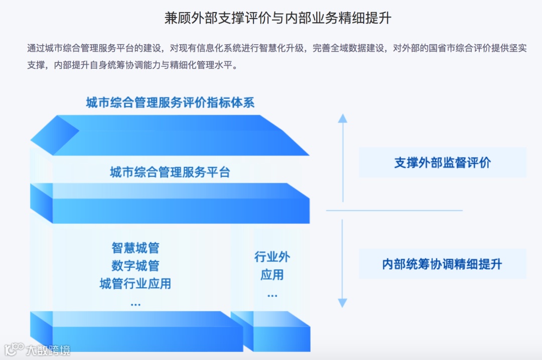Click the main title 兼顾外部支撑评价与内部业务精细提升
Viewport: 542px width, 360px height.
[x=278, y=18]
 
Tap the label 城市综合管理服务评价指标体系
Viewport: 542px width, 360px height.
[x=170, y=103]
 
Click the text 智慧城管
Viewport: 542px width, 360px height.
[x=135, y=248]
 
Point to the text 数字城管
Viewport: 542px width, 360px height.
[x=135, y=266]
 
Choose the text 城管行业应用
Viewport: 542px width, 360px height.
[x=135, y=284]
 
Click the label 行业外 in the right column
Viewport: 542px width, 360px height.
[x=272, y=257]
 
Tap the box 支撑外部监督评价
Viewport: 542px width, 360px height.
[x=442, y=162]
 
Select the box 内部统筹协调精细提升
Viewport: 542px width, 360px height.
[x=442, y=264]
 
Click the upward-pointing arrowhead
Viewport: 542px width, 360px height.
[x=342, y=118]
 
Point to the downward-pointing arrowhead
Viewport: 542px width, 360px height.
[x=342, y=303]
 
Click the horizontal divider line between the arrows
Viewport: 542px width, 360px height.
[x=394, y=211]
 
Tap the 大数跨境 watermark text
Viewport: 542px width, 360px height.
[x=48, y=349]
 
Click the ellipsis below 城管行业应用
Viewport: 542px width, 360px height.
[x=135, y=304]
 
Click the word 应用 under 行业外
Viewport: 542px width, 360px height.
[x=272, y=275]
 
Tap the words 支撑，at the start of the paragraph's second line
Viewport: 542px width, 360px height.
[x=37, y=65]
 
